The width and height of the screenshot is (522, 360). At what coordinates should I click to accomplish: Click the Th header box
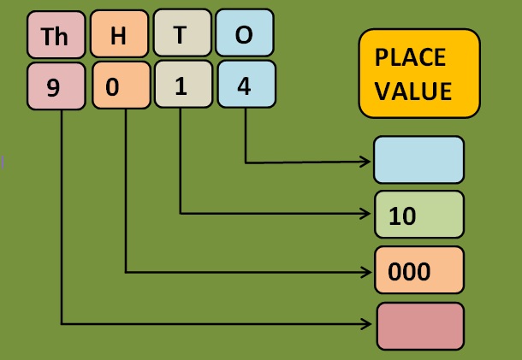[56, 35]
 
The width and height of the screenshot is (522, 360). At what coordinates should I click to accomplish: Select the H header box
[119, 35]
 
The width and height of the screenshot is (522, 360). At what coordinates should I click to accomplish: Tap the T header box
[181, 35]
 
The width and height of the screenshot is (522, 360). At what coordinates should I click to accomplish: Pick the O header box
[245, 35]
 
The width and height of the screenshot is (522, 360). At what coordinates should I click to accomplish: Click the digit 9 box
[56, 87]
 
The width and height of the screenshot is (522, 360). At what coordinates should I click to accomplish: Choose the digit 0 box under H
[119, 87]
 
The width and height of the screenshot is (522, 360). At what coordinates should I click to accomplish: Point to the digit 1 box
[181, 87]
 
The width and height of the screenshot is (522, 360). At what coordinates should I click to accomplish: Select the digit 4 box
[245, 87]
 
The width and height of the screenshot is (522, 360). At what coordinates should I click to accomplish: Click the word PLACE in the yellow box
[410, 58]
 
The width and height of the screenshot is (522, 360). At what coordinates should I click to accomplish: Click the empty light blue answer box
[419, 160]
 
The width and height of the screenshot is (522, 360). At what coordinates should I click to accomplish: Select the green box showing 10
[419, 214]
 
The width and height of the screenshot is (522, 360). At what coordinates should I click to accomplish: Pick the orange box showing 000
[419, 269]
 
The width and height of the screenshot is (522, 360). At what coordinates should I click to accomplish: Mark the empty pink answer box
[420, 325]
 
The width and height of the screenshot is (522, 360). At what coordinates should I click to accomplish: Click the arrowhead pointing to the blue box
[367, 161]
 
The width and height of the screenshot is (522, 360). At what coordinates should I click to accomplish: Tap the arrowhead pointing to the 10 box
[367, 213]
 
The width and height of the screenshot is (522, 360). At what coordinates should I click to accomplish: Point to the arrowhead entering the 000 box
[367, 272]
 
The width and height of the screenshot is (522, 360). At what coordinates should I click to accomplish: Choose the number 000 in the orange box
[408, 271]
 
